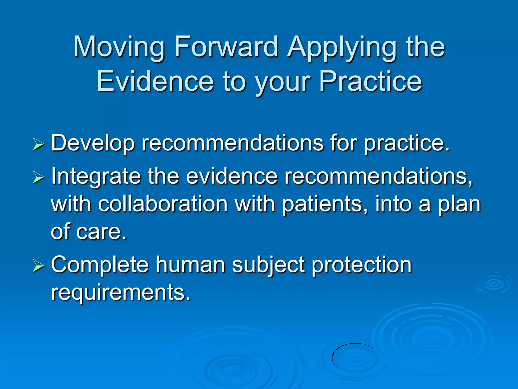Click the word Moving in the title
tap(119, 47)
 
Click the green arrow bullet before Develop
tap(38, 145)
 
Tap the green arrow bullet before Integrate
tap(38, 177)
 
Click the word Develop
tap(93, 143)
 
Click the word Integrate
tap(96, 176)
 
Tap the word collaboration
tap(163, 204)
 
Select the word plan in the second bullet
tap(459, 204)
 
